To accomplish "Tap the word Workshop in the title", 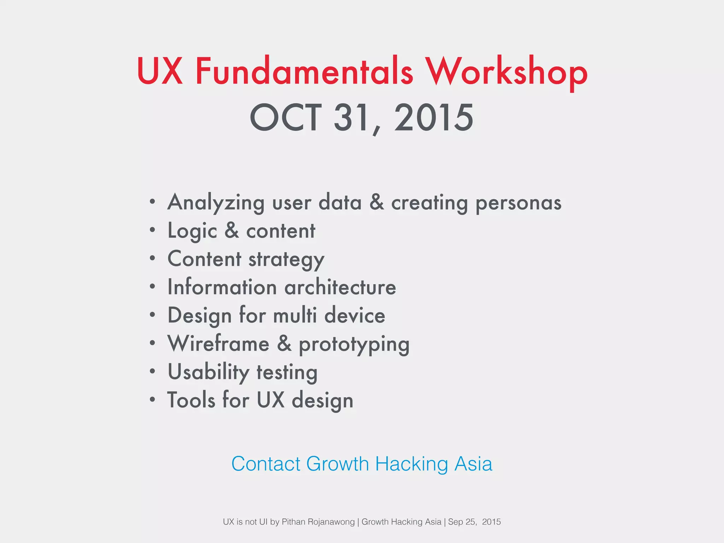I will click(506, 71).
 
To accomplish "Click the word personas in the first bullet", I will click(518, 203).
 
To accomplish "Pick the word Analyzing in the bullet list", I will click(216, 203).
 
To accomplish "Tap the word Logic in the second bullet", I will click(192, 231).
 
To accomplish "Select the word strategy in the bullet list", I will click(286, 259).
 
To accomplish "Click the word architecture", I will click(340, 287).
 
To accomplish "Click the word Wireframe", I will click(218, 344).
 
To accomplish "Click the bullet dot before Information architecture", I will click(152, 287).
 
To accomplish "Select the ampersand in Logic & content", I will click(232, 230).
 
